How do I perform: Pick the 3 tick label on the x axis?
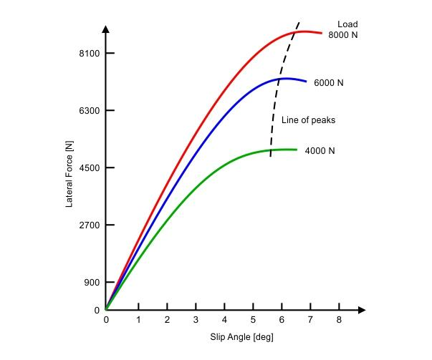[x=196, y=320]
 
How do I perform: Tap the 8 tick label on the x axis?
[x=340, y=320]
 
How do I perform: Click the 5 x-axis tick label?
[x=253, y=320]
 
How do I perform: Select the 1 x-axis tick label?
[x=138, y=320]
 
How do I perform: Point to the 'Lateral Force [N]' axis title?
[x=69, y=174]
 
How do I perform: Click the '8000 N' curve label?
[x=343, y=35]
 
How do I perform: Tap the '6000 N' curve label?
[x=329, y=83]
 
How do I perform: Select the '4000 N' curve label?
[x=320, y=151]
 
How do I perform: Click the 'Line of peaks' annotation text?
[x=308, y=120]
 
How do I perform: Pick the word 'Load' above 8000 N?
[x=347, y=24]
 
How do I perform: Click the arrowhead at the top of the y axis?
[x=106, y=29]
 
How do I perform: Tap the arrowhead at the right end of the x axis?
[x=362, y=310]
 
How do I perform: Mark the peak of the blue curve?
[x=285, y=78]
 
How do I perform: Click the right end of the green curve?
[x=297, y=150]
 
